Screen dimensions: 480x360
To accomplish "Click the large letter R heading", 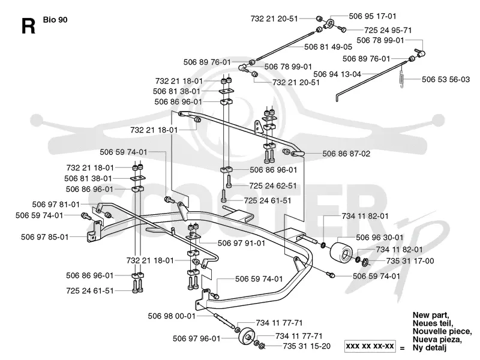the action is (28, 25).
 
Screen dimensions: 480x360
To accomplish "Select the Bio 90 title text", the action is (55, 20).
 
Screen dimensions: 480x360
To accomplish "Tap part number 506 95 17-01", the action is (372, 16).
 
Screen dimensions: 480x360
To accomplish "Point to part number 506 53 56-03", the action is (445, 80).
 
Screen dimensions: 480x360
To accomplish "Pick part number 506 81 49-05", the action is (328, 47).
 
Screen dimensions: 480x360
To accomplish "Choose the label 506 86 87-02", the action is (346, 154).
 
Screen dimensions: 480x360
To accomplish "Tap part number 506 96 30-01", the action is (380, 238).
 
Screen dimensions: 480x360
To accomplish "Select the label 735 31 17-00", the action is (410, 261).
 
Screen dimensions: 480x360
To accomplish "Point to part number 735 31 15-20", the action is (307, 346).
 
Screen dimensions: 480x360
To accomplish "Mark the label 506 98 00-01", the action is (172, 316).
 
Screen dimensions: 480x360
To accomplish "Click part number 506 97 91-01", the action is (241, 244).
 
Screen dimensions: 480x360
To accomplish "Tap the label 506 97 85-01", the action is (44, 237).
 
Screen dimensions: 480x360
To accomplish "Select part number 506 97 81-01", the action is (56, 205).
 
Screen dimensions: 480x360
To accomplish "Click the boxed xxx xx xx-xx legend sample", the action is (370, 346).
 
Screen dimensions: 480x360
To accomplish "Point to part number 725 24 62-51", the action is (273, 186).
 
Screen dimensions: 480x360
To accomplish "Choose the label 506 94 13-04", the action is (337, 74).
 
